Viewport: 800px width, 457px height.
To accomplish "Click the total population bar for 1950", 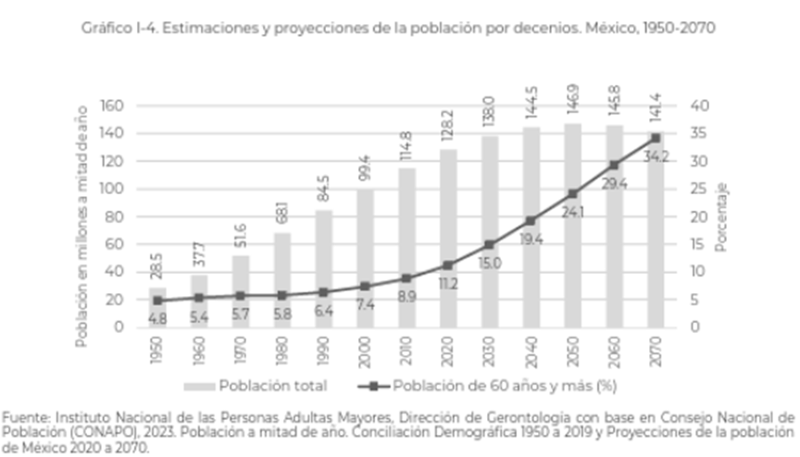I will (157, 308).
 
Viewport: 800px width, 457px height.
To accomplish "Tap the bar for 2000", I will (366, 258).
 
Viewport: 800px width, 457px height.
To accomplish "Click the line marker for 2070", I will (656, 138).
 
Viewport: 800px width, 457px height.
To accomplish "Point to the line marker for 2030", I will (490, 244).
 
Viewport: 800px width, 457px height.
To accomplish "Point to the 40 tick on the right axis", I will (699, 105).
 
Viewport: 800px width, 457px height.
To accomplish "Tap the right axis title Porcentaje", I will (721, 216).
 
